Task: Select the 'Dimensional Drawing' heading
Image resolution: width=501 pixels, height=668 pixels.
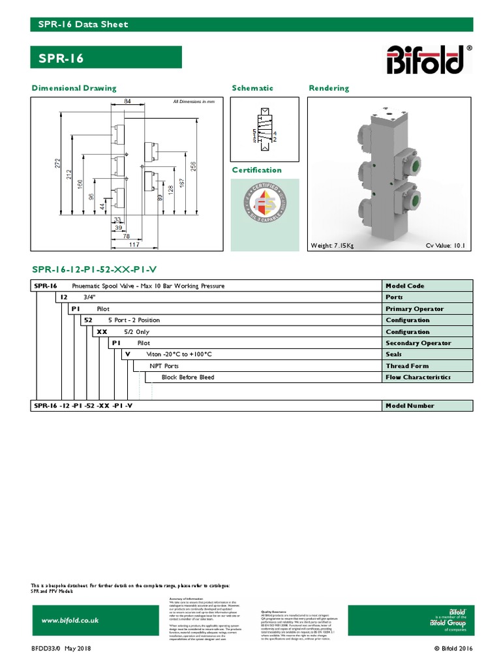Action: tap(74, 88)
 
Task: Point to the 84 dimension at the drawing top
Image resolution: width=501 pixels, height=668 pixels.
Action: tap(127, 101)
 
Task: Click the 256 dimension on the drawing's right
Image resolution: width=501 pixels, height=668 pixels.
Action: tap(193, 166)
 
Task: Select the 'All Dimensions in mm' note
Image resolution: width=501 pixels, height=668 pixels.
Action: tap(194, 102)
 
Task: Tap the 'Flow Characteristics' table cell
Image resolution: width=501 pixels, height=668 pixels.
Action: tap(417, 377)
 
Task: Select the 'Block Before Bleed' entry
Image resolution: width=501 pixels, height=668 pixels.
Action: tap(188, 377)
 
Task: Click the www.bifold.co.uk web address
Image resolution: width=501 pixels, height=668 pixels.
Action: tap(70, 620)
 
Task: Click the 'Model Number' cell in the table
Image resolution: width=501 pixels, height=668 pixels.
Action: tap(410, 406)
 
